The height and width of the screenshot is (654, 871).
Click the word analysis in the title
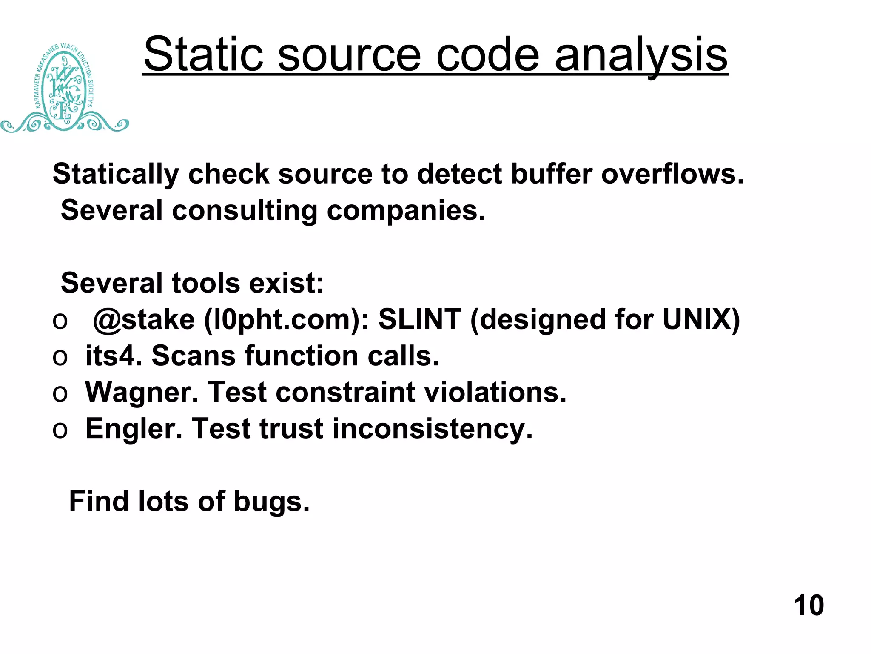[641, 55]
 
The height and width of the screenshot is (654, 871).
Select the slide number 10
[808, 605]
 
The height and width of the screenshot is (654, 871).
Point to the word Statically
[116, 175]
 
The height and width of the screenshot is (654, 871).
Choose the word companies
[406, 211]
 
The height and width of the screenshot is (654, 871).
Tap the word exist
[286, 283]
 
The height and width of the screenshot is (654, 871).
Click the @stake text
[144, 319]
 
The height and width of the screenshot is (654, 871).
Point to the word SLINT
[419, 319]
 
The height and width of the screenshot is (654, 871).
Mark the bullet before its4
[60, 357]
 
